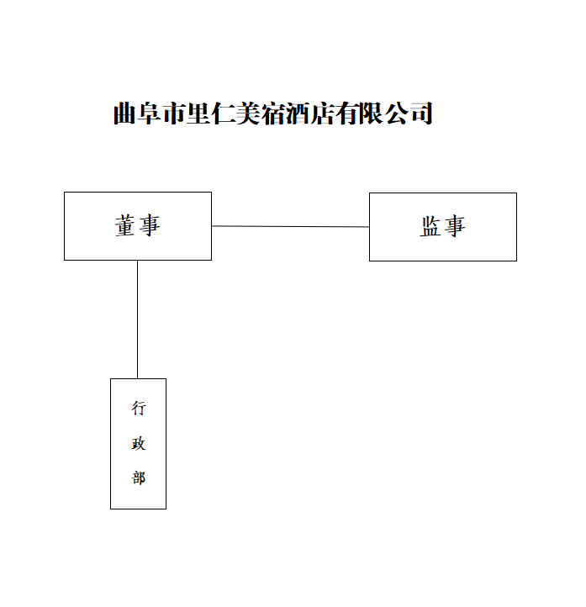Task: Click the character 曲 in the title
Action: point(124,113)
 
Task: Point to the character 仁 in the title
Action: point(224,113)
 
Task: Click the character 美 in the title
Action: point(248,113)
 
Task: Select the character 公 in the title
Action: point(396,113)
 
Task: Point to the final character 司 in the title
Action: point(421,113)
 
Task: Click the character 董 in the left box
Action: point(125,225)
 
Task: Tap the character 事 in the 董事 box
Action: point(150,225)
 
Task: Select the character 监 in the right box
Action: point(430,226)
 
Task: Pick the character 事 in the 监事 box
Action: point(455,226)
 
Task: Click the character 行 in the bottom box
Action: point(139,409)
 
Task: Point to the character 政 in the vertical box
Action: point(139,444)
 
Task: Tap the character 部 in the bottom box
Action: point(139,478)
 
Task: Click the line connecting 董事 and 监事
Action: point(290,226)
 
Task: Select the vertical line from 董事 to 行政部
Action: point(137,319)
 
